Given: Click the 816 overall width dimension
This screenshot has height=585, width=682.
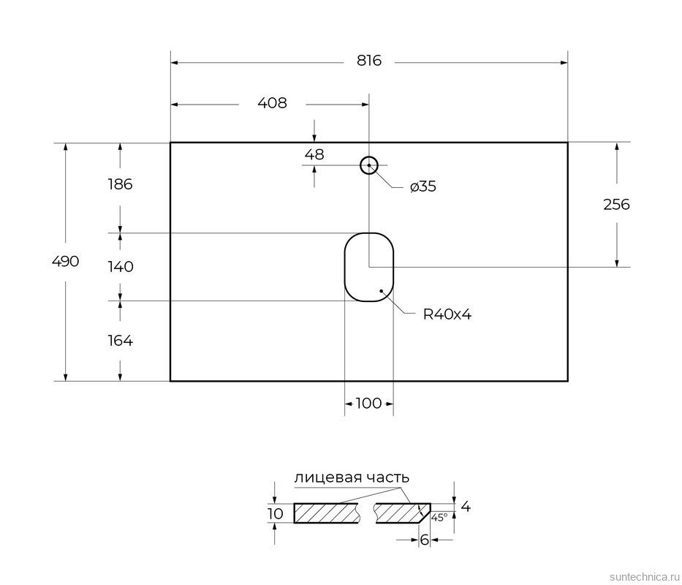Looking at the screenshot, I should [369, 61].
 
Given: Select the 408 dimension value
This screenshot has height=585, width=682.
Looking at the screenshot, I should [272, 103].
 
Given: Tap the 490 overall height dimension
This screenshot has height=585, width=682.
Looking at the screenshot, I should [65, 261].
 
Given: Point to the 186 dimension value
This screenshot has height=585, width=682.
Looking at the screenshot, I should [119, 184].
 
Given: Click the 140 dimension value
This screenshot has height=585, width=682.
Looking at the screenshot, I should [120, 266].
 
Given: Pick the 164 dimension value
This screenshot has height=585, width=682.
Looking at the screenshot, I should [120, 340].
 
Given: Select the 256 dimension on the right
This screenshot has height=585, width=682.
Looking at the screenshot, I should [616, 205].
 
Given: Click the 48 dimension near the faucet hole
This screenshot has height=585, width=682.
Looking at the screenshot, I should [314, 154].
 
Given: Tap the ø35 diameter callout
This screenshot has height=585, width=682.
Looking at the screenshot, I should [423, 186].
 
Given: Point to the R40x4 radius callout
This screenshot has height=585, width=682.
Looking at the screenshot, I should [447, 314].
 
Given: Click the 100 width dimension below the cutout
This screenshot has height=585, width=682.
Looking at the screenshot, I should [369, 403].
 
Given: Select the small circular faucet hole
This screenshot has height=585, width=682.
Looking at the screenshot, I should [369, 165].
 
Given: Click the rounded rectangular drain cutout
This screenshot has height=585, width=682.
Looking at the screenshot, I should [369, 267].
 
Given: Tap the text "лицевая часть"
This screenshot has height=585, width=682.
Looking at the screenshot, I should [351, 478].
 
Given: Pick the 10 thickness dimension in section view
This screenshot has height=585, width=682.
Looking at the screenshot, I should [276, 513].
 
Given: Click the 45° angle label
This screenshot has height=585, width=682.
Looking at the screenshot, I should [439, 517].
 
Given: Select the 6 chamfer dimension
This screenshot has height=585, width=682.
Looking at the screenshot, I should [424, 540].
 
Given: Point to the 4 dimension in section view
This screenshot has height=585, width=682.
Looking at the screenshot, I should [466, 505].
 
